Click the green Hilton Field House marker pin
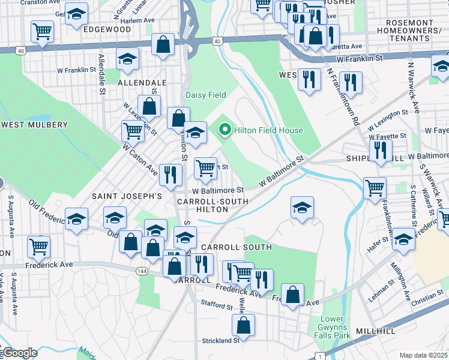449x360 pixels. click(x=225, y=130)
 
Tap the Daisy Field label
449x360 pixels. click(x=205, y=95)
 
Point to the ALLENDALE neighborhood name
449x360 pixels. click(x=142, y=82)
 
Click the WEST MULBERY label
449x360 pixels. click(x=35, y=125)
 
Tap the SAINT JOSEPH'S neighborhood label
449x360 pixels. click(x=127, y=196)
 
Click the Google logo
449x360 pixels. click(x=19, y=353)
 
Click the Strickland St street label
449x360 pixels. click(x=220, y=340)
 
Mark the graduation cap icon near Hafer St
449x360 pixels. click(x=403, y=238)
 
